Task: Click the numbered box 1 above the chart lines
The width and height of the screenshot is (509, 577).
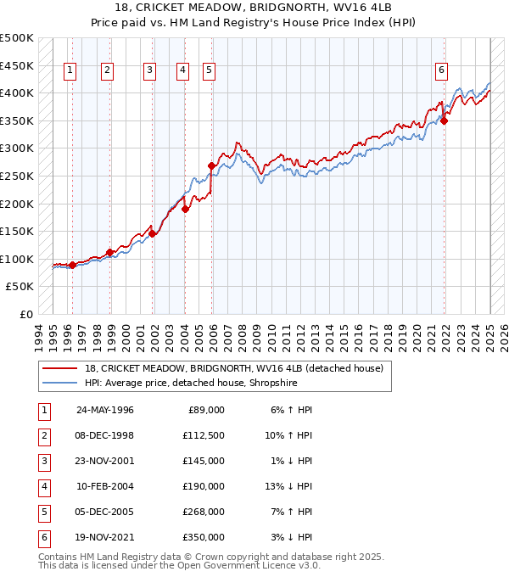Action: pos(69,70)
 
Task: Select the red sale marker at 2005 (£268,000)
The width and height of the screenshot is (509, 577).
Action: pos(211,165)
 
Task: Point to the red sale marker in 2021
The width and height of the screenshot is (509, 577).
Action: pos(444,120)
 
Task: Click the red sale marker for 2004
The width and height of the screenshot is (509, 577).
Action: pos(185,209)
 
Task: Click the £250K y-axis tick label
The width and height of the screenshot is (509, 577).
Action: pos(17,176)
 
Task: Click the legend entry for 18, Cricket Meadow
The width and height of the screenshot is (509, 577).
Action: pos(234,368)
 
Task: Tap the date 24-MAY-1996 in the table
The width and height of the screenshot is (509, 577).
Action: pos(105,410)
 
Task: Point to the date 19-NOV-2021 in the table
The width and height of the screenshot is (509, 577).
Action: pos(105,537)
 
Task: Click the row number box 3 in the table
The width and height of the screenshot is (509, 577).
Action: pos(43,461)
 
